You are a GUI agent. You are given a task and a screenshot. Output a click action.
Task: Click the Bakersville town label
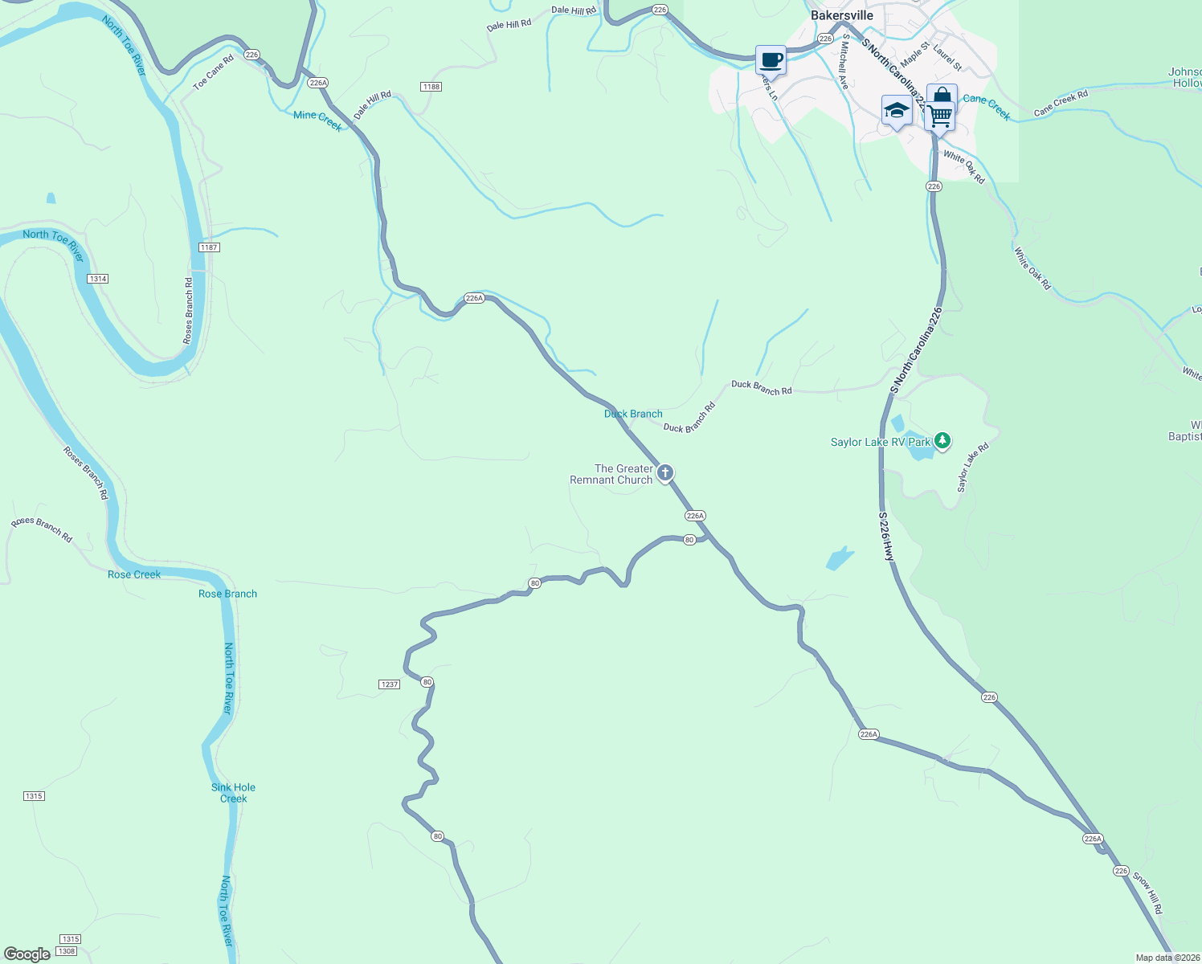tap(841, 15)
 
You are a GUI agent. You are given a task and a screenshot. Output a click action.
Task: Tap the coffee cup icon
tap(771, 60)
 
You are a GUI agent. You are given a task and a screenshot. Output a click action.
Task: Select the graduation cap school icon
tap(896, 111)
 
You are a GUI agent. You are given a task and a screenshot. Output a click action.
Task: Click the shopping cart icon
tap(939, 116)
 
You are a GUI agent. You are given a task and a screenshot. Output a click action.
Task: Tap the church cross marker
tap(664, 473)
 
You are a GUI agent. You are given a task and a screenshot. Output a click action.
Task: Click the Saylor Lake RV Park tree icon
tap(942, 440)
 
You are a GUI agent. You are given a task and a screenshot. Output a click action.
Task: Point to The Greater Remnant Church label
tap(611, 474)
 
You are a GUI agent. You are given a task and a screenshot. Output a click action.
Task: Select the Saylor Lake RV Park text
tap(881, 442)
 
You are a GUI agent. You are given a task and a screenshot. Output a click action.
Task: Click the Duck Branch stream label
tap(633, 414)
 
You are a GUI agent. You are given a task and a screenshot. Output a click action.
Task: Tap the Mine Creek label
tap(317, 120)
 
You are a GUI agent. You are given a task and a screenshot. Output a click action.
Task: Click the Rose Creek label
tap(134, 574)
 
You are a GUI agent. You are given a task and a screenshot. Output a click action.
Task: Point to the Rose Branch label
tap(227, 594)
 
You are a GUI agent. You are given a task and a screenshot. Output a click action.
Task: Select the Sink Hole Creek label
tap(233, 793)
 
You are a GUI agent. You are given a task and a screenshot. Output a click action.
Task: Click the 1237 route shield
tap(389, 684)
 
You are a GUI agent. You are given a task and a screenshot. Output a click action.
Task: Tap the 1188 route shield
tap(431, 87)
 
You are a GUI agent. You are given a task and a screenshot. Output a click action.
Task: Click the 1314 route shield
tap(97, 279)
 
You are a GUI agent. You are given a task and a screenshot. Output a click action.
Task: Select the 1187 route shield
tap(209, 247)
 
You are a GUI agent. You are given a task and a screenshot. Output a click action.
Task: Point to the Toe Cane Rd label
tap(213, 72)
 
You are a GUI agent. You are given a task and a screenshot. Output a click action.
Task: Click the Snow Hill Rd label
tap(1147, 892)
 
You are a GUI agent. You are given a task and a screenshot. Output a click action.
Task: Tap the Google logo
tap(27, 954)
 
